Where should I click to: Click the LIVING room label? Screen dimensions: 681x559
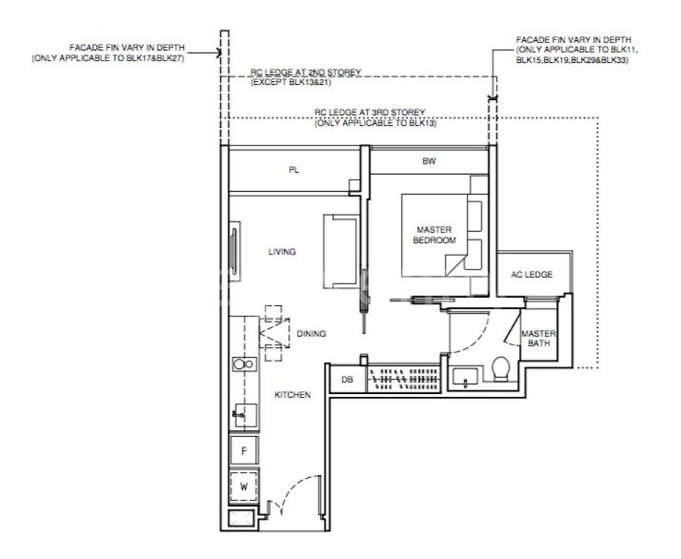[282, 251]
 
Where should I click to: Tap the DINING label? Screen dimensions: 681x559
[312, 334]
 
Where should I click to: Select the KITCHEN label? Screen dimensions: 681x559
[293, 395]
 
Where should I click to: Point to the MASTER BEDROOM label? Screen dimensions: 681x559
[434, 235]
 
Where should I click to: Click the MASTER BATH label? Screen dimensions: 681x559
[539, 338]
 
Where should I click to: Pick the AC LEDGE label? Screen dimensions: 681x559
[532, 274]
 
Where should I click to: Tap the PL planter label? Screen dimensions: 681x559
[294, 170]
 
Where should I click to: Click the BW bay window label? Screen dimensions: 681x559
[429, 161]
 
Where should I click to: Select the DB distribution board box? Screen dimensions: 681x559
[348, 379]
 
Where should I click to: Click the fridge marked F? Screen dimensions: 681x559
[244, 451]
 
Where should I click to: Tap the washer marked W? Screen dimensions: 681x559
[244, 486]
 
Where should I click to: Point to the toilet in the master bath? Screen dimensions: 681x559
[501, 369]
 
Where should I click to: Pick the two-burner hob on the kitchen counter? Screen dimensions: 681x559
[244, 364]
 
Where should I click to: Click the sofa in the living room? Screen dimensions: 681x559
[341, 251]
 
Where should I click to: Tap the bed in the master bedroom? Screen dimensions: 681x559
[434, 235]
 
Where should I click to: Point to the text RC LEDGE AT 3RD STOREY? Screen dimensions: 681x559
[369, 112]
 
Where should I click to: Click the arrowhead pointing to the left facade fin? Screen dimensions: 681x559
[219, 53]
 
